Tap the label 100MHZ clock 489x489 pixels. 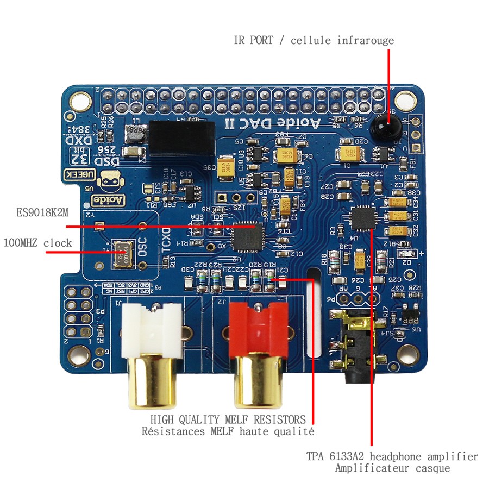(x=37, y=242)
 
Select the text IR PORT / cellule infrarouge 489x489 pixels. (x=314, y=40)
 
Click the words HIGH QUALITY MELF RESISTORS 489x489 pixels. (x=228, y=419)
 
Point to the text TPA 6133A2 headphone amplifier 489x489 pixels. (x=392, y=456)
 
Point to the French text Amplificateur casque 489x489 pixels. (x=392, y=468)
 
